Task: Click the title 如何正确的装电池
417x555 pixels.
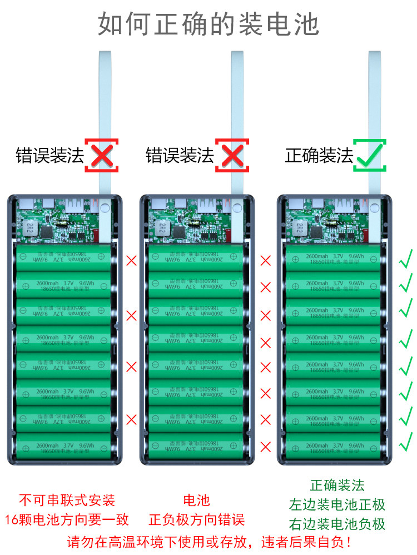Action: (209, 23)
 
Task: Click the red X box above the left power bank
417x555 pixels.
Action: (102, 155)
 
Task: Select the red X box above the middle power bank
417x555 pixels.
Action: (232, 155)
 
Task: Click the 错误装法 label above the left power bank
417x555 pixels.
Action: (49, 155)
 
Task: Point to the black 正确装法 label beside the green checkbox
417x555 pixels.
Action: (319, 155)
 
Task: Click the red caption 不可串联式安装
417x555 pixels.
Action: (67, 499)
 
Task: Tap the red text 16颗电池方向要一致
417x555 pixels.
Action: (67, 520)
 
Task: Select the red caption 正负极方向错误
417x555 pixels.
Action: (197, 520)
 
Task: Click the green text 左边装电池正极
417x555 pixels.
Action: (337, 505)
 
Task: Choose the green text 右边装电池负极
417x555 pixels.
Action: (337, 524)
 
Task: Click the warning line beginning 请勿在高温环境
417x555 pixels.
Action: (209, 541)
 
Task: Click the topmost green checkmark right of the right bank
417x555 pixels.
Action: (406, 259)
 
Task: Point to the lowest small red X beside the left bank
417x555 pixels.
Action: (131, 419)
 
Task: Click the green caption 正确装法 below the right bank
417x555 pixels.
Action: (337, 485)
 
